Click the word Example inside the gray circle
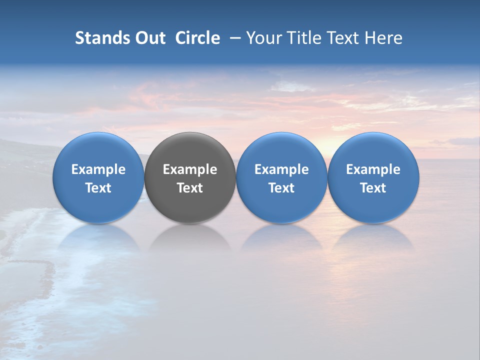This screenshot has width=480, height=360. [190, 170]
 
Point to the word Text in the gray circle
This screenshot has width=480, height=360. [190, 188]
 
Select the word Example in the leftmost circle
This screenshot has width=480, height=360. [98, 170]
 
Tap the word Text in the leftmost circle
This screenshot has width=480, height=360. [98, 188]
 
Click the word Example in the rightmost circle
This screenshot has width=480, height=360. [373, 170]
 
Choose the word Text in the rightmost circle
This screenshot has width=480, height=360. [373, 188]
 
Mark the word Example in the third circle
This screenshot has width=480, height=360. [281, 170]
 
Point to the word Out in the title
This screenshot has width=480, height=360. [150, 38]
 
